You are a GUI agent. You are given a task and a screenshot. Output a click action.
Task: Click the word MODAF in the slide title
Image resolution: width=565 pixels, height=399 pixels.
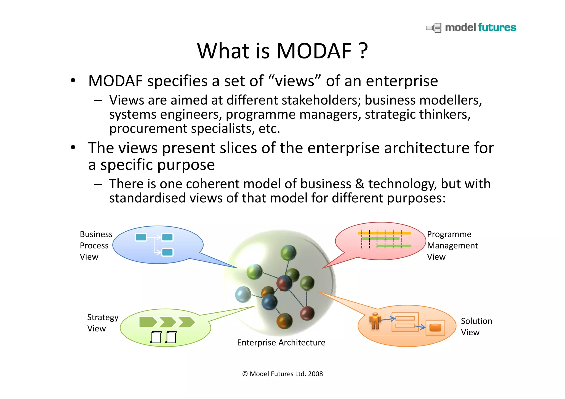tap(314, 51)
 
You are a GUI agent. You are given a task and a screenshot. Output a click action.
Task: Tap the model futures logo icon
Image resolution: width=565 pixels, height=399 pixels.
tap(434, 28)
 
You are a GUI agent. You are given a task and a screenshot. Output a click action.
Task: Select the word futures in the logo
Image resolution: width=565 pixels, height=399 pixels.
tap(497, 28)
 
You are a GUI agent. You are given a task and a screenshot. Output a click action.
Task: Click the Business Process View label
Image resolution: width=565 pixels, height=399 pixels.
tap(96, 245)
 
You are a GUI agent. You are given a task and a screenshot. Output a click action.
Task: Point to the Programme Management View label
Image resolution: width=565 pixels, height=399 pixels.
tap(452, 245)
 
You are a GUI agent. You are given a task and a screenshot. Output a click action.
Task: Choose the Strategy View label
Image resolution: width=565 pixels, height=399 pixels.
tap(102, 323)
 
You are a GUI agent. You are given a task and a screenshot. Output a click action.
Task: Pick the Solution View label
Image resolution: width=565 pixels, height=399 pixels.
tap(476, 326)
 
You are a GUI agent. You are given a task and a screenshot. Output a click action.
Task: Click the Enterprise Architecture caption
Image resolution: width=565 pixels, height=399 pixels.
tap(281, 342)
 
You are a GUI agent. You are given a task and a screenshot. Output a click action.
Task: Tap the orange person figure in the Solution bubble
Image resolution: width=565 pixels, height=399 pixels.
tap(375, 321)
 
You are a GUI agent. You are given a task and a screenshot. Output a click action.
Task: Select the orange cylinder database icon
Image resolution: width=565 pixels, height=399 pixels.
tap(435, 328)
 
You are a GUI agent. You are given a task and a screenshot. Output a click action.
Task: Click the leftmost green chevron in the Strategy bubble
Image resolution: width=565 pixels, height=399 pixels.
tap(148, 322)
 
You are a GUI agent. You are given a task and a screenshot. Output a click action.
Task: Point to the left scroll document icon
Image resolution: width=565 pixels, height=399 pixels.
tap(156, 337)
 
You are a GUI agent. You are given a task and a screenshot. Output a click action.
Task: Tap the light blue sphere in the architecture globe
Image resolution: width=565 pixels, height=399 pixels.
tap(243, 294)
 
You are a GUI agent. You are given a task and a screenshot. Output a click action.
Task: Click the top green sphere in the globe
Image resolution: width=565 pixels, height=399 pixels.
tap(288, 253)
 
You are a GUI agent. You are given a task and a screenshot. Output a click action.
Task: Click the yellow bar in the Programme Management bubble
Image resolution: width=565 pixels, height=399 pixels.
tap(384, 233)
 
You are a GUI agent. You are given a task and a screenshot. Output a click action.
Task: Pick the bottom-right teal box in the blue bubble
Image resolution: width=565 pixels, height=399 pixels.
tap(167, 252)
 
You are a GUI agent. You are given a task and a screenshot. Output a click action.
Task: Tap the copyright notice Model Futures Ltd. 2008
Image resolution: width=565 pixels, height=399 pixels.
tap(282, 374)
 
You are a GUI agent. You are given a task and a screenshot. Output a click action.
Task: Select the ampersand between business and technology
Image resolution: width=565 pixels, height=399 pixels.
tap(359, 184)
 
